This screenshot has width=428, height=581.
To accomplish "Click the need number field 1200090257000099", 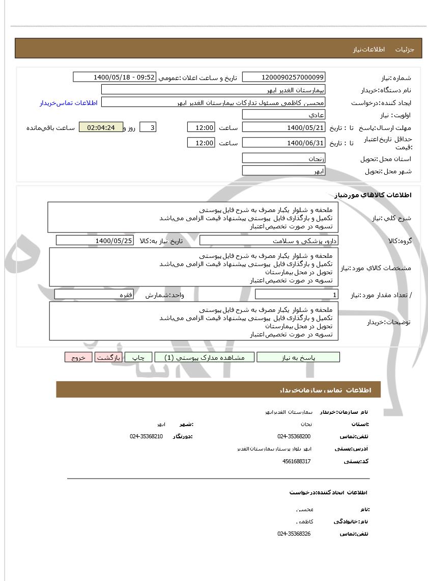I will point(283,77).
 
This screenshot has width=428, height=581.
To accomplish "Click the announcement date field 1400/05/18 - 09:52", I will point(115,77).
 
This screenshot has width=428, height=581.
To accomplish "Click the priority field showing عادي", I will point(283,115).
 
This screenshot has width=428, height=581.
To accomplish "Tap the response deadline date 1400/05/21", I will point(283,127).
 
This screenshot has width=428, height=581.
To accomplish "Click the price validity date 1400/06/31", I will point(283,143).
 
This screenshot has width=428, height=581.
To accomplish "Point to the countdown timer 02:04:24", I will point(101,127).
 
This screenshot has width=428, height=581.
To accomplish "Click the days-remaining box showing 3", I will point(148,127).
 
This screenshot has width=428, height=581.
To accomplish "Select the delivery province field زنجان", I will point(283,159).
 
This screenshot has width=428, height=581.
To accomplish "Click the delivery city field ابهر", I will point(283,171).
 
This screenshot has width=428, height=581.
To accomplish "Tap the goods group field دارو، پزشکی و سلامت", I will point(270,241).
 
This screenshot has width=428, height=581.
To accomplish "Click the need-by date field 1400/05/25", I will point(95,241).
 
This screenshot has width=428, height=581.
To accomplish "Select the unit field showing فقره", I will point(94,295).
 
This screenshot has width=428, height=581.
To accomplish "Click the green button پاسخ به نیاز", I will point(298,357).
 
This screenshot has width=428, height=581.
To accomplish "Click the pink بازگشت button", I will point(108,357).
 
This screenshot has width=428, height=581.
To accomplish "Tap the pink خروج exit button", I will point(78,357).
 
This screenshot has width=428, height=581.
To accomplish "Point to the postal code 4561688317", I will point(296,461).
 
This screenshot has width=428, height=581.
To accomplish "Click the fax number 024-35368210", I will point(146,436).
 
